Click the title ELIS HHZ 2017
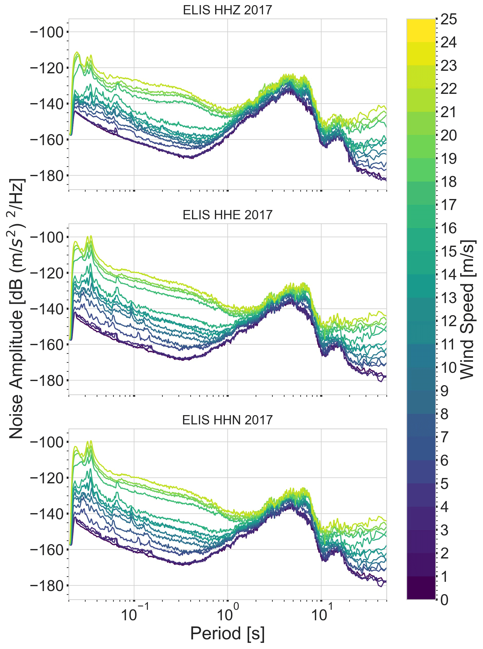tap(227, 10)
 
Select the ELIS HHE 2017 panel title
tap(227, 215)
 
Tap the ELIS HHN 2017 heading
tap(227, 420)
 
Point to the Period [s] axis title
tap(227, 634)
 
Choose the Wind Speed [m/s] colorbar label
tap(467, 309)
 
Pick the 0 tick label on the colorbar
tap(444, 600)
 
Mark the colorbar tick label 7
tap(444, 437)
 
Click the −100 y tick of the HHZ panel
tap(47, 32)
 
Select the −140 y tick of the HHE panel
tap(47, 309)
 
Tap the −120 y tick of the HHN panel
tap(47, 478)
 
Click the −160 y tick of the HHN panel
tap(47, 550)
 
